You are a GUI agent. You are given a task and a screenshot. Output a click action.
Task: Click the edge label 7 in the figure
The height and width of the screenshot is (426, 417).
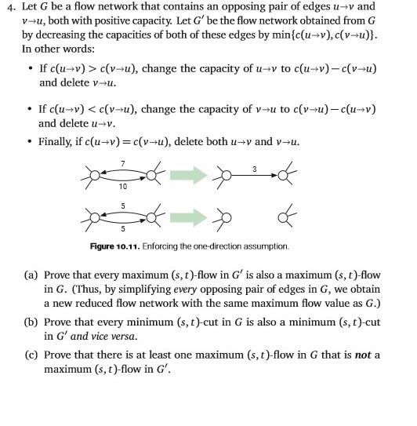coord(123,162)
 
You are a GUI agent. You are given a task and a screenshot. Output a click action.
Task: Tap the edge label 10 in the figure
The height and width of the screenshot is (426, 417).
coord(123,186)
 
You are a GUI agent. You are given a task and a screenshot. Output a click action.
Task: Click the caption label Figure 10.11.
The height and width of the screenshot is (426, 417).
coord(114,246)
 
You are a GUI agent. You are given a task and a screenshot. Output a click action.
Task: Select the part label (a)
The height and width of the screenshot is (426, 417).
coord(31,275)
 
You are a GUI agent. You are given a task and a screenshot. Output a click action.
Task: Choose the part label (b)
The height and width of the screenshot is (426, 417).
coord(31,322)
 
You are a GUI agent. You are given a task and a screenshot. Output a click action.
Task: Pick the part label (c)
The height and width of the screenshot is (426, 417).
coord(31,355)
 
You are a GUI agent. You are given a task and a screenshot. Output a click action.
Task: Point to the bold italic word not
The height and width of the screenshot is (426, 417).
coord(363,355)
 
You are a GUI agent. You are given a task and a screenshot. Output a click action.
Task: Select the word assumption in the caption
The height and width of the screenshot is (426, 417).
coord(265,246)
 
